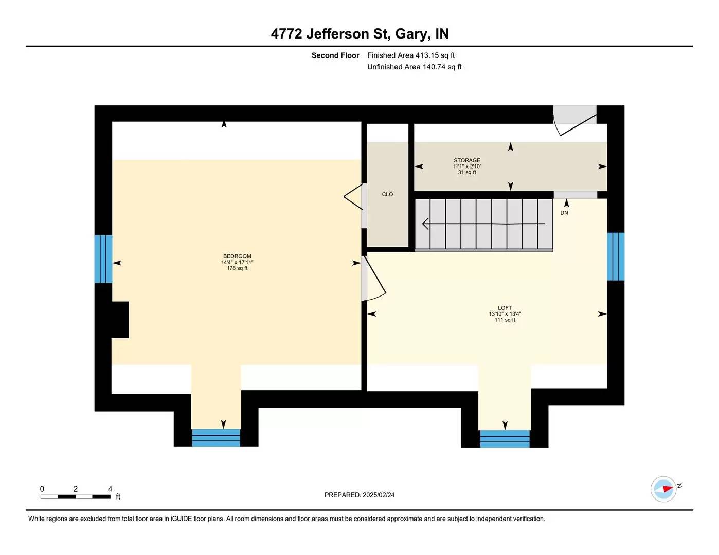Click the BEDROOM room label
pyautogui.click(x=237, y=256)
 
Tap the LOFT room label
pyautogui.click(x=505, y=308)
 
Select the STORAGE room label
pyautogui.click(x=467, y=160)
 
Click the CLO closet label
pyautogui.click(x=387, y=194)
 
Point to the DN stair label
pyautogui.click(x=564, y=213)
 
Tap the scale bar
pyautogui.click(x=76, y=496)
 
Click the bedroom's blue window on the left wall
pyautogui.click(x=103, y=259)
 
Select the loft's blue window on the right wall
pyautogui.click(x=616, y=256)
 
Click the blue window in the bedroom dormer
pyautogui.click(x=216, y=437)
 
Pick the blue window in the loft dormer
pyautogui.click(x=505, y=438)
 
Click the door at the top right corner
pyautogui.click(x=574, y=121)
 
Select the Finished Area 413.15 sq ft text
pyautogui.click(x=410, y=55)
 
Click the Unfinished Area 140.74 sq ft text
pyautogui.click(x=414, y=67)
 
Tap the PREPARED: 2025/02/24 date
pyautogui.click(x=359, y=495)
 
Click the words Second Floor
pyautogui.click(x=335, y=55)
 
